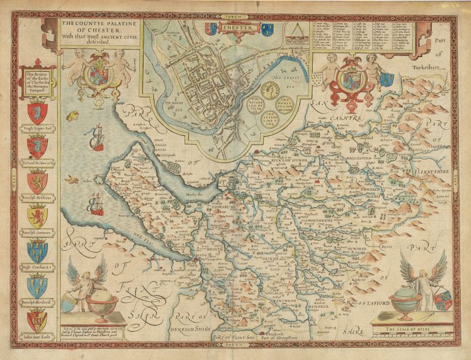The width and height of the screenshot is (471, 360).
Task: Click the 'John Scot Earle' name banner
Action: point(37,337)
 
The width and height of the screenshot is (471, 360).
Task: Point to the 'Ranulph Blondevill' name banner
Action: point(37,302)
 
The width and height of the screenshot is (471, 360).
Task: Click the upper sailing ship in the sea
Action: point(96,140)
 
